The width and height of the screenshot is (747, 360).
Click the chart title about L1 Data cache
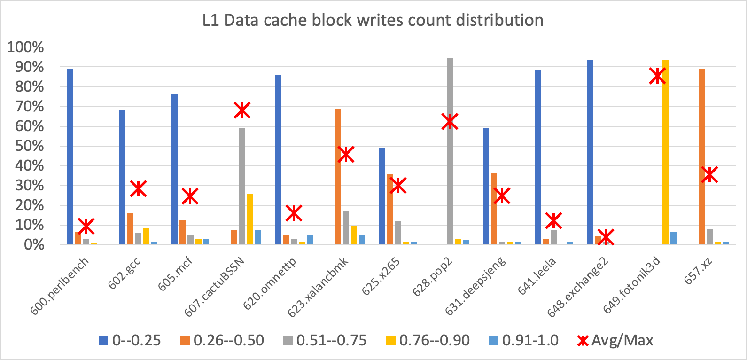click(x=373, y=20)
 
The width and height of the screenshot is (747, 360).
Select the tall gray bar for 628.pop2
click(x=450, y=151)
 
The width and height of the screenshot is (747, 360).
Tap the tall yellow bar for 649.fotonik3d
click(x=666, y=152)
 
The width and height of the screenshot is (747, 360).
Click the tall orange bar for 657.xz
click(x=701, y=157)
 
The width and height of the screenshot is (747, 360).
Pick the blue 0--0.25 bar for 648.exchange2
click(x=590, y=152)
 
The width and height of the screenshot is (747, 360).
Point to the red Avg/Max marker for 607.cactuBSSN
click(x=242, y=110)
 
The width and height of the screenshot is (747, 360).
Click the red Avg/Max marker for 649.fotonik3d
click(x=658, y=76)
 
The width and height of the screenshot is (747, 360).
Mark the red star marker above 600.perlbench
click(x=86, y=226)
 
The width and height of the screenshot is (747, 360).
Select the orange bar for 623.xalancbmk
click(x=338, y=177)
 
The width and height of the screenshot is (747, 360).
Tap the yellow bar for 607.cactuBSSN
click(x=250, y=219)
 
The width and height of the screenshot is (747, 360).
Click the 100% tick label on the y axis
click(x=25, y=47)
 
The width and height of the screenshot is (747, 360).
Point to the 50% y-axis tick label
click(x=29, y=146)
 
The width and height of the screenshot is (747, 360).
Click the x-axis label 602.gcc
click(x=124, y=273)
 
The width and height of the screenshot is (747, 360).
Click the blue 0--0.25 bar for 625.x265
click(x=382, y=196)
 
